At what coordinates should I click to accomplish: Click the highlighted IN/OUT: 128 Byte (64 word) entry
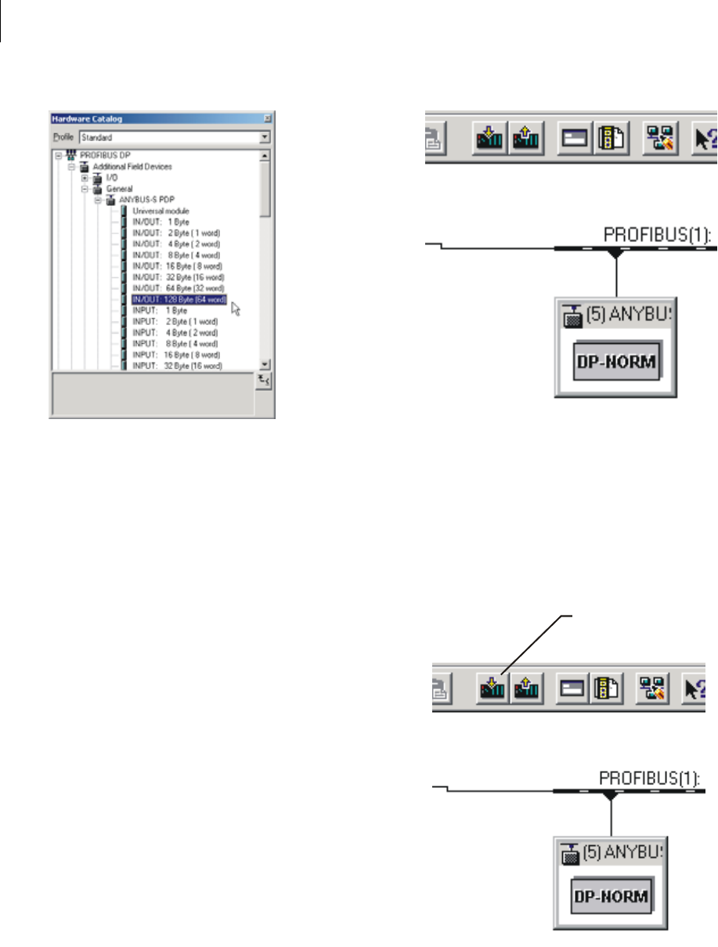click(x=179, y=299)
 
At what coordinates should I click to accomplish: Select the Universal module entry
click(x=161, y=211)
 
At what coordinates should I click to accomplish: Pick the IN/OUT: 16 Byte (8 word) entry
click(x=176, y=266)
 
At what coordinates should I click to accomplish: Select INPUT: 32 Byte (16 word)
click(x=177, y=366)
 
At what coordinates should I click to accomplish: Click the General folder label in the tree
click(x=120, y=189)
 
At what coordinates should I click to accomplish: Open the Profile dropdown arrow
click(x=265, y=137)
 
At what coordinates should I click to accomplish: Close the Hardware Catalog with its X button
click(x=267, y=119)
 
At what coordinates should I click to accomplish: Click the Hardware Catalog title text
click(x=82, y=119)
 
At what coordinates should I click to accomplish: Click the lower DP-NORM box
click(x=612, y=896)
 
